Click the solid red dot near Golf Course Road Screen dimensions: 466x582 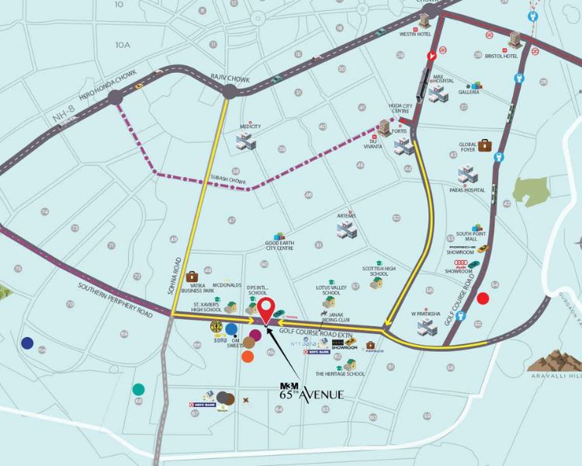click(483, 297)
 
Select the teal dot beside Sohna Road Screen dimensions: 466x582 click(138, 388)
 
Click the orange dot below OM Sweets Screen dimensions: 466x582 click(248, 356)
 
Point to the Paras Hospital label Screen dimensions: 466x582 click(466, 190)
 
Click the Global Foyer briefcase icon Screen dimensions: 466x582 click(485, 145)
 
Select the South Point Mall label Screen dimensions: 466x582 click(470, 235)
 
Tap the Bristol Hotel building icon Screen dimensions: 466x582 click(516, 40)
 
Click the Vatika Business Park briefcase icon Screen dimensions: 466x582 click(191, 276)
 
